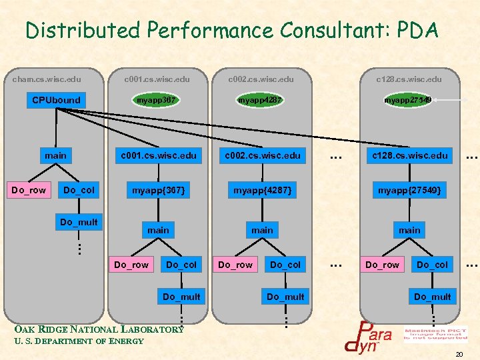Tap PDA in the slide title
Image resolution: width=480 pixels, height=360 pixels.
pos(417,30)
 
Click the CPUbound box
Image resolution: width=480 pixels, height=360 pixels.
pos(57,100)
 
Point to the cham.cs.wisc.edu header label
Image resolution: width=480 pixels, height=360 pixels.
pos(47,79)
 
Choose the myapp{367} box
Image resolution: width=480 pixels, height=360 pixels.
pos(158,190)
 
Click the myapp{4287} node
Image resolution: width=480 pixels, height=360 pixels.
pos(261,190)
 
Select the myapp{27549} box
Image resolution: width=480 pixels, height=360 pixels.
pos(409,190)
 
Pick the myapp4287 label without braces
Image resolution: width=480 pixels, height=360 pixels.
pos(260,100)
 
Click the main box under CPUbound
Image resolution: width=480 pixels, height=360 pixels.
pos(56,155)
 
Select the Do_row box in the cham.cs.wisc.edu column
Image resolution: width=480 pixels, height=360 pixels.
pos(29,190)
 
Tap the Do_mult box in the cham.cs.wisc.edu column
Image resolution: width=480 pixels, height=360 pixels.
pos(79,222)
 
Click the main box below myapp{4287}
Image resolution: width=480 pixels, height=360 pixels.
pos(262,230)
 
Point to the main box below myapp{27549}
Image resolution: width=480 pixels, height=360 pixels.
pos(409,230)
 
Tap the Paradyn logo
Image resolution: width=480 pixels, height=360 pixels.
pos(367,336)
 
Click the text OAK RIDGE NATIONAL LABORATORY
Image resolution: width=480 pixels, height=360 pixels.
pos(99,329)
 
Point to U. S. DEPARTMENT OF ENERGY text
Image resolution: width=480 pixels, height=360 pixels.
pos(79,341)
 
